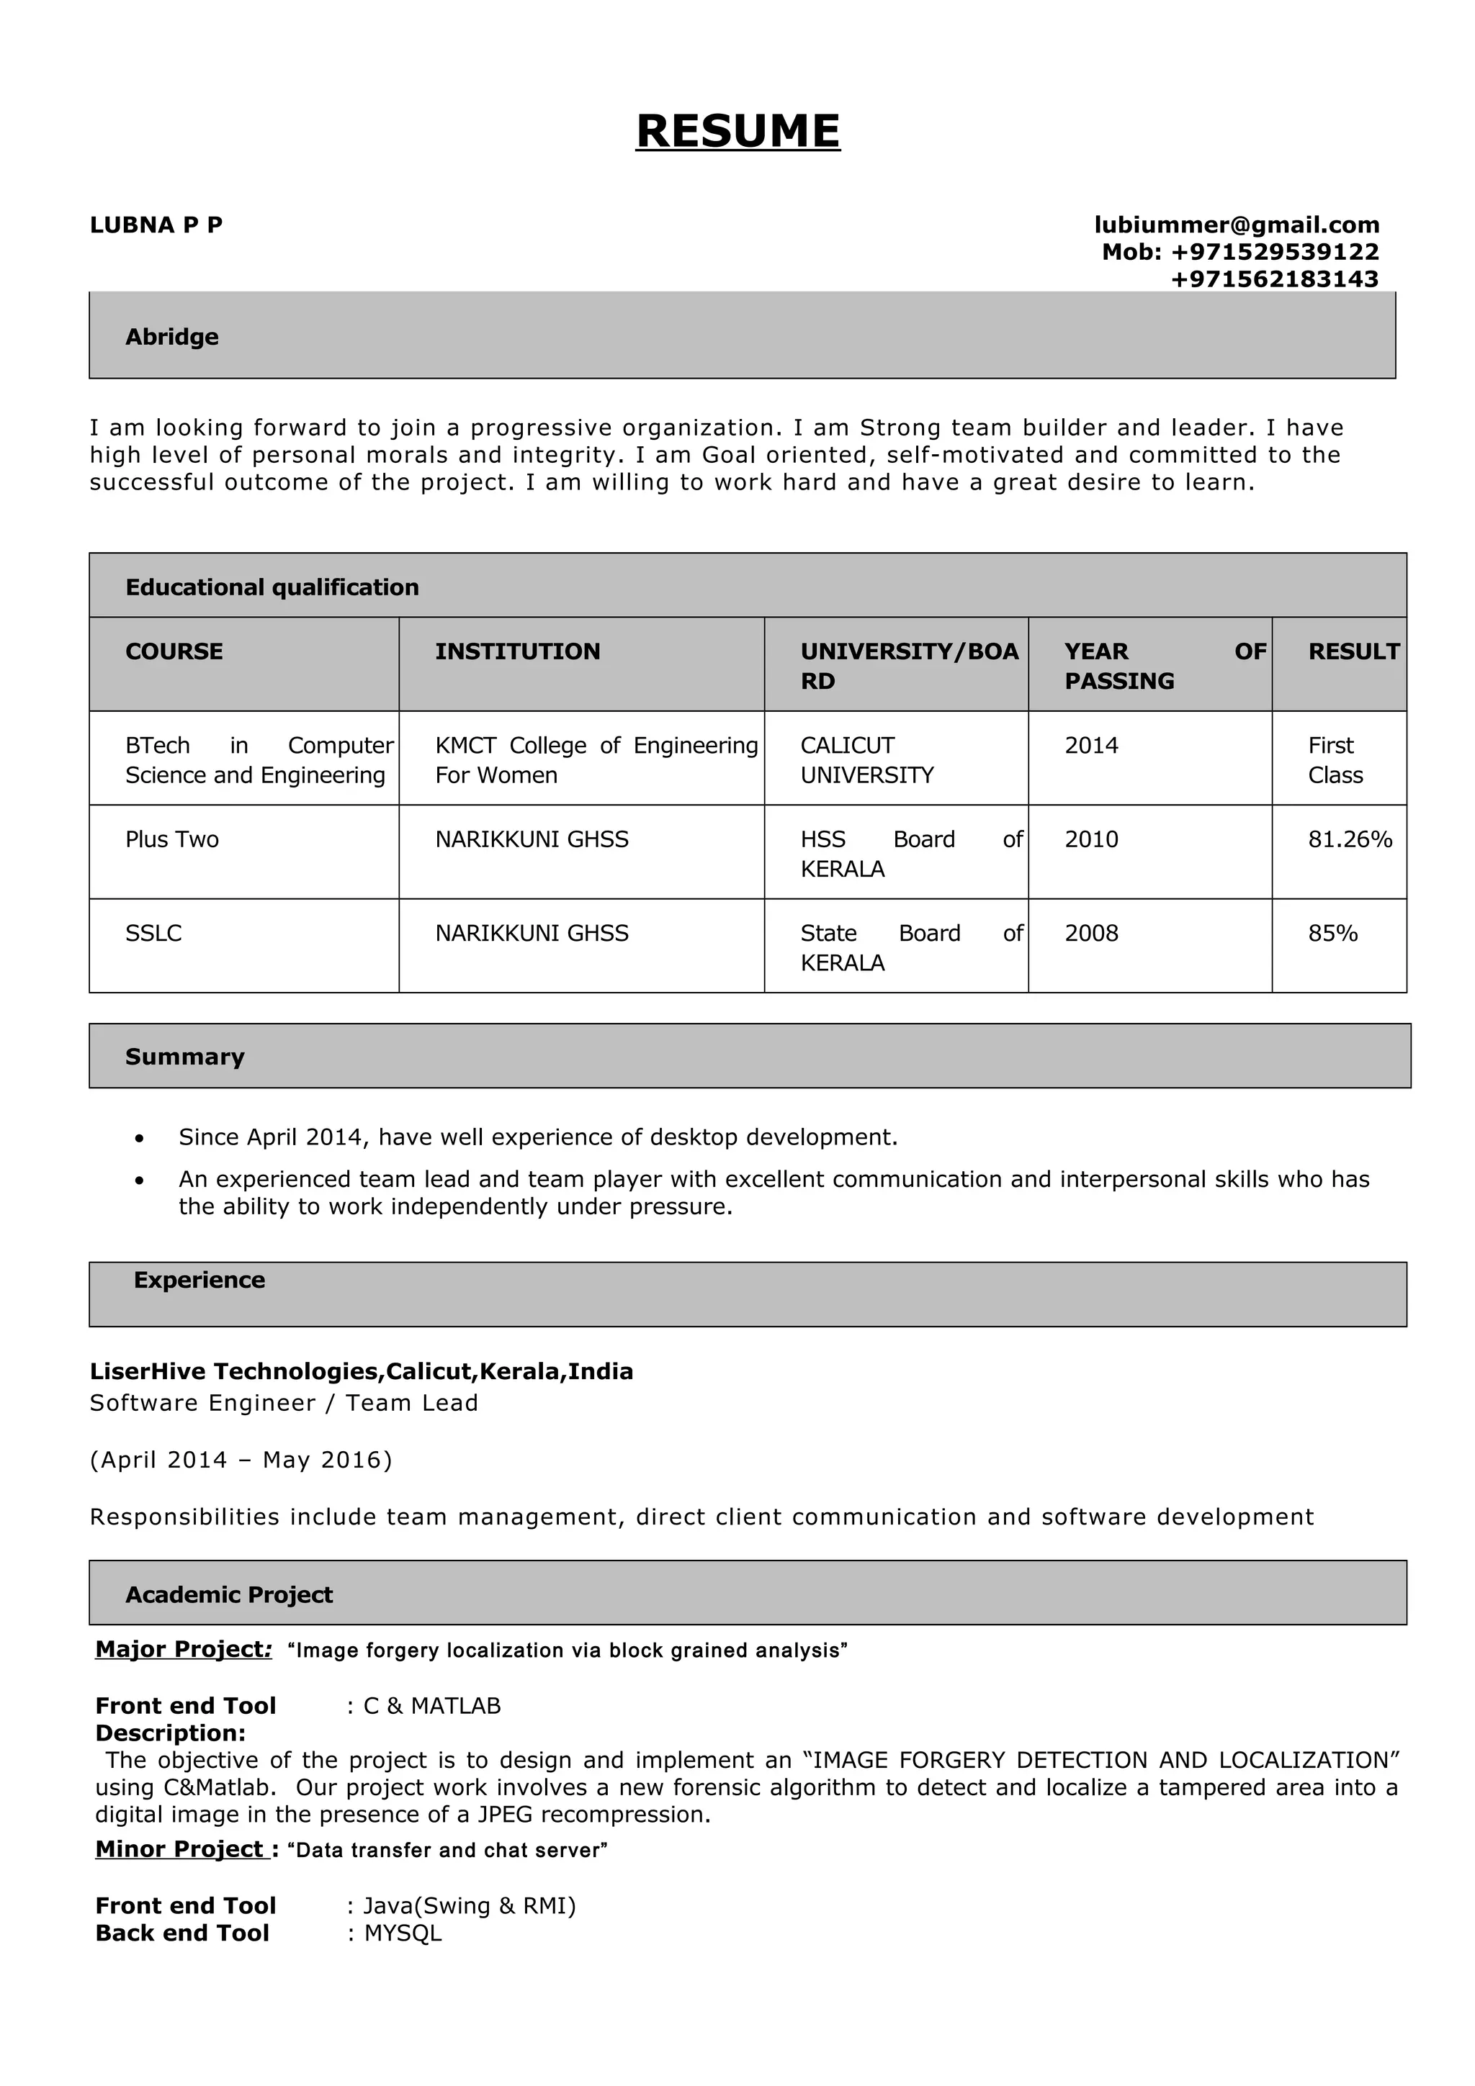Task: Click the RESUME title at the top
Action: point(737,131)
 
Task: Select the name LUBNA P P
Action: point(156,225)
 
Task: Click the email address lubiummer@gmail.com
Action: point(1236,225)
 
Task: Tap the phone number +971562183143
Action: point(1274,279)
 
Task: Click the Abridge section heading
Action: point(171,337)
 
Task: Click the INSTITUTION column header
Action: point(517,651)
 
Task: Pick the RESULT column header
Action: point(1353,651)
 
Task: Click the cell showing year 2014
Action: point(1091,746)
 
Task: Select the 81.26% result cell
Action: point(1350,839)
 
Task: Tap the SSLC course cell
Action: point(153,933)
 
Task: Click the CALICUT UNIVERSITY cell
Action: point(866,759)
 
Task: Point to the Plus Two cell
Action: point(171,839)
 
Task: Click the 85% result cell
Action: point(1332,933)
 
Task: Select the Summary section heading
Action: point(184,1057)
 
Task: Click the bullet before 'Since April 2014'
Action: point(139,1139)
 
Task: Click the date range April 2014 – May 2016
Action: point(241,1460)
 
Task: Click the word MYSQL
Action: point(403,1933)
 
